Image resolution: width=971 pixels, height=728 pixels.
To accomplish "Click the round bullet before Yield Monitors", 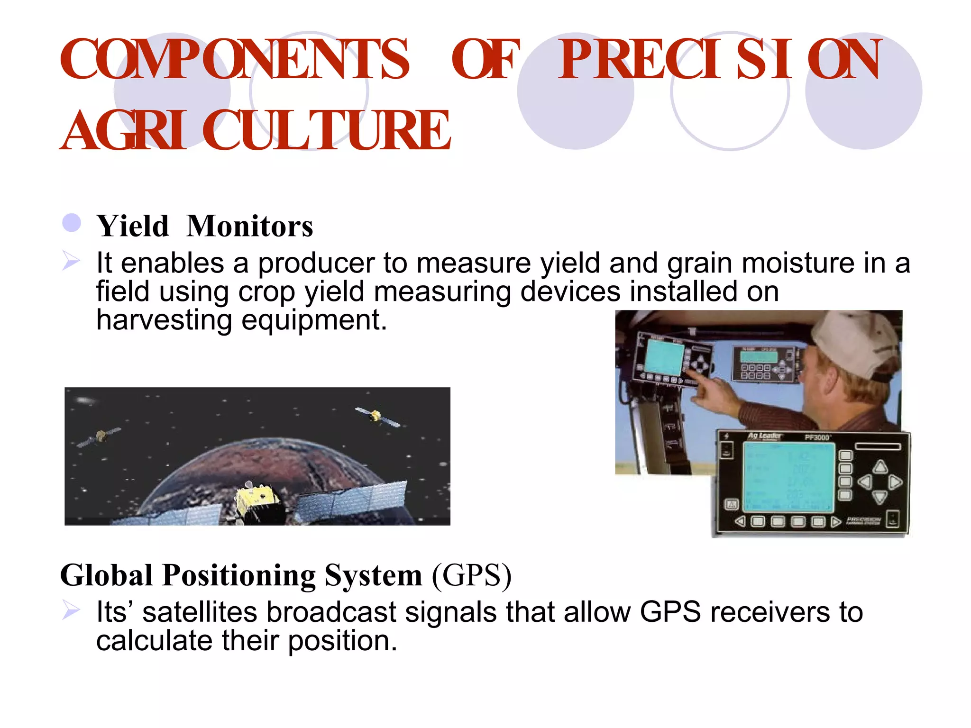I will [72, 223].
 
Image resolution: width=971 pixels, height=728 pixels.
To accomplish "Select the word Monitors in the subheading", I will [250, 226].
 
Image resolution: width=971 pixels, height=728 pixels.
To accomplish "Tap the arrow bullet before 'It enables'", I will [71, 261].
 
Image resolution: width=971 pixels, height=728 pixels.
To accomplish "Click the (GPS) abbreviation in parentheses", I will [472, 576].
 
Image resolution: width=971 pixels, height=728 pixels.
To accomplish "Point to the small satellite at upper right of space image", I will [376, 416].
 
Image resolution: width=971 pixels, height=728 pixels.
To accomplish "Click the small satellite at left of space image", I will [100, 437].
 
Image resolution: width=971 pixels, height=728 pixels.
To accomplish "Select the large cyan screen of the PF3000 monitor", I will [788, 476].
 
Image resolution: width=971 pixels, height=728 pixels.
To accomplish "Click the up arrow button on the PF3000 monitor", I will [880, 466].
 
